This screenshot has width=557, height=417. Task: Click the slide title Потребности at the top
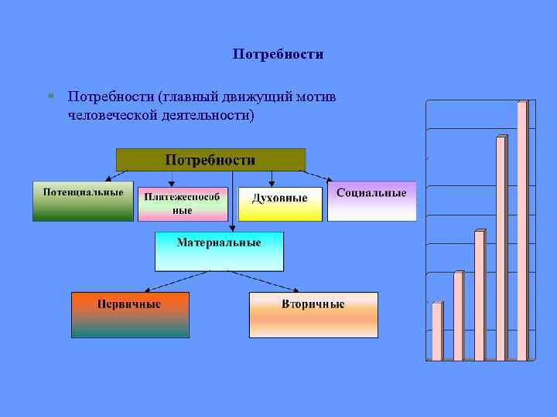[278, 55]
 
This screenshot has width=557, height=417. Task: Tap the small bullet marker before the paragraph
[50, 97]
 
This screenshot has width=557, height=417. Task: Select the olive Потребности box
[210, 160]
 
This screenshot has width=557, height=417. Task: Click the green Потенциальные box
[83, 201]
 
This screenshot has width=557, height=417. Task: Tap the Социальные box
[371, 201]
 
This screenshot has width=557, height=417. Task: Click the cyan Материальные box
[219, 251]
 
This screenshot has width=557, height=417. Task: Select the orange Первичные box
[130, 314]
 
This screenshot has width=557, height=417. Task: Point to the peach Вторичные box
[313, 314]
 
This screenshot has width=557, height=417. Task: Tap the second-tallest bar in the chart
[501, 247]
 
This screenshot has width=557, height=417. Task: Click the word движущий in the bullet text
[251, 97]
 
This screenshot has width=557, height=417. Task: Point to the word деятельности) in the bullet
[203, 115]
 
